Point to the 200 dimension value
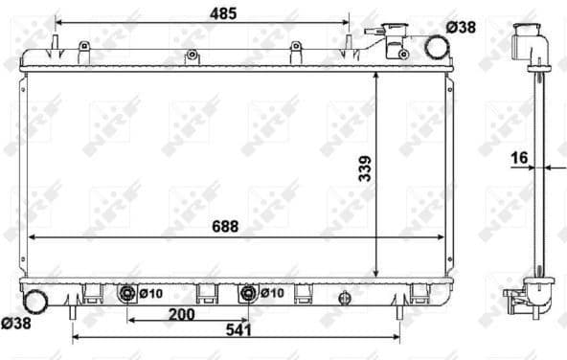(182, 315)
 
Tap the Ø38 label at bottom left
(16, 325)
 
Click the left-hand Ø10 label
(148, 294)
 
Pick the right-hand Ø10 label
(272, 294)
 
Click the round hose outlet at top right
(436, 47)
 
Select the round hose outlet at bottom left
(36, 300)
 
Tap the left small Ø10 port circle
(126, 293)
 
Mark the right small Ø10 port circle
(250, 293)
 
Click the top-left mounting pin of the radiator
(56, 43)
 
